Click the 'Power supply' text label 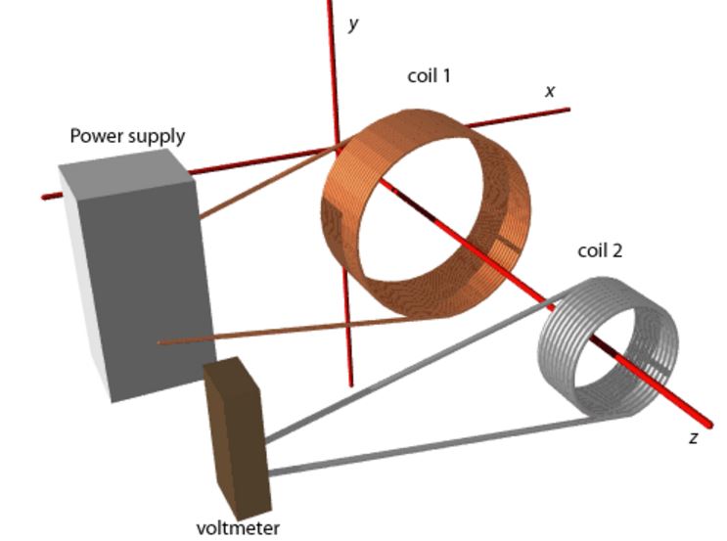click(x=127, y=136)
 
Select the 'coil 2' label click(x=600, y=250)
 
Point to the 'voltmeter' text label click(x=238, y=528)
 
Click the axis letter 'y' click(x=353, y=23)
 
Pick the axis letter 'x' click(x=550, y=91)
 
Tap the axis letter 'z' click(x=693, y=438)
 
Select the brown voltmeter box click(x=235, y=430)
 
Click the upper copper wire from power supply click(x=264, y=185)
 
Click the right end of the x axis click(x=566, y=109)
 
